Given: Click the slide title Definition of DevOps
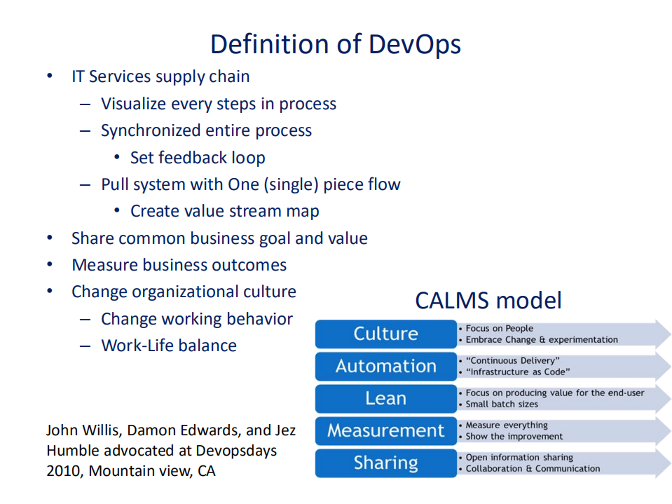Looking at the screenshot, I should pos(336,43).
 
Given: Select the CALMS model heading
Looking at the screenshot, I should pos(488,300).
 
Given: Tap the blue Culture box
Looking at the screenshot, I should pos(385,334).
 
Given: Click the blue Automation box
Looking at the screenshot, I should pos(385,366).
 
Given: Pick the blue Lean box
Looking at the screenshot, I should pos(385,398).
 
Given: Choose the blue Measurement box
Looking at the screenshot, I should pos(385,430).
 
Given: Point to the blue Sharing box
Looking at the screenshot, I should pos(385,463).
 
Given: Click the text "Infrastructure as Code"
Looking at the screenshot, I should pos(518,372).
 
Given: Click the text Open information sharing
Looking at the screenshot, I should pos(519,457).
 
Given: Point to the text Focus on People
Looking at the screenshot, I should pos(499,328).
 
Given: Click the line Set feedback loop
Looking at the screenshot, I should pos(198,158).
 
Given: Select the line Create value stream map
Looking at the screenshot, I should pos(224,211).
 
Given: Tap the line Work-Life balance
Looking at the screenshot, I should pos(169,346).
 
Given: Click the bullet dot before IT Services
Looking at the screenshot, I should pos(50,76).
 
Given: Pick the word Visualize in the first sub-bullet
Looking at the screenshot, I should pos(135,104).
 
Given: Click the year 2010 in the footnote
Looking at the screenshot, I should pos(64,471).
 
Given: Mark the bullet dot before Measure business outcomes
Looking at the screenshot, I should pos(50,265).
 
